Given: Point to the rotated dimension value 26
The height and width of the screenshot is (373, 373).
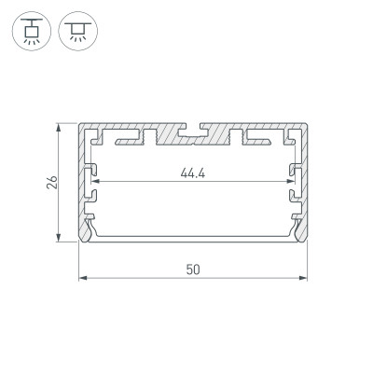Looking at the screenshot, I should click(x=53, y=182).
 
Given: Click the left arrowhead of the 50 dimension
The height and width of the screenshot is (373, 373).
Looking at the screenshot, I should click(x=81, y=278).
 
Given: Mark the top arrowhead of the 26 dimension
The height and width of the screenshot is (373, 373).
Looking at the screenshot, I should click(x=62, y=127).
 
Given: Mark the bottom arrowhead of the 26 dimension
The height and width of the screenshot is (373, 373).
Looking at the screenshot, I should click(x=62, y=240).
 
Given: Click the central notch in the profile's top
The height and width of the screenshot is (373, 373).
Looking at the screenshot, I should click(x=192, y=125).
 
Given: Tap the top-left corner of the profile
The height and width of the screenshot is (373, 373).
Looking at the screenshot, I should click(x=78, y=123).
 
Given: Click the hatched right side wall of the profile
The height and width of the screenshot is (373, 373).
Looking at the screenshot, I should click(x=304, y=186).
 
